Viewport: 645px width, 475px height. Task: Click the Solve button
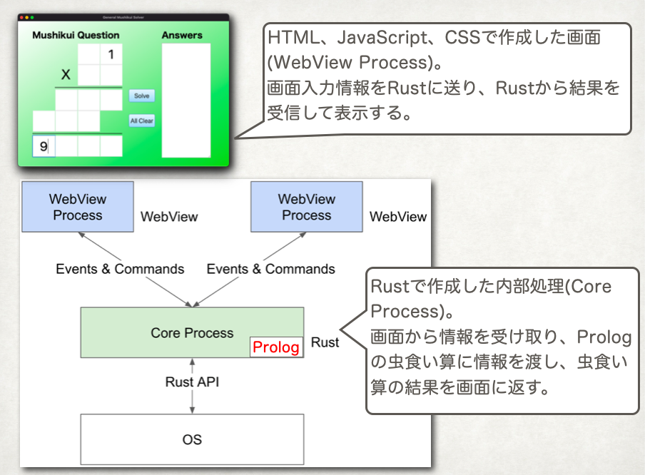pos(142,96)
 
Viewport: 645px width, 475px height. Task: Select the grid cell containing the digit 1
pos(111,54)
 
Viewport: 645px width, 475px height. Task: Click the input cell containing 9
pos(44,146)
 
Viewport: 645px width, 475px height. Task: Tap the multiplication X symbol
pos(66,74)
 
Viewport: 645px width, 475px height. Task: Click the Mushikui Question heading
pos(76,36)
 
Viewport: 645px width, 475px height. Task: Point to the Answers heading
pos(182,36)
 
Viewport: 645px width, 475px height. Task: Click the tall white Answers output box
pos(186,101)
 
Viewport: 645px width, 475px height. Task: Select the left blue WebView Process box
pos(78,207)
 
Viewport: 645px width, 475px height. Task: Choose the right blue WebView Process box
pos(307,207)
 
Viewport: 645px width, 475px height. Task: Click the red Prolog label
pos(276,347)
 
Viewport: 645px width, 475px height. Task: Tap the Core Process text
pos(192,332)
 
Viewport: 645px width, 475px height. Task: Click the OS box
pos(192,439)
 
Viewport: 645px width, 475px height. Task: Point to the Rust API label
pos(192,382)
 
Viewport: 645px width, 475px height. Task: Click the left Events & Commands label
pos(120,269)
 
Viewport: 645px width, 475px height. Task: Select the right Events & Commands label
pos(270,269)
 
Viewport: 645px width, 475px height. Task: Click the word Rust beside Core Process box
pos(325,342)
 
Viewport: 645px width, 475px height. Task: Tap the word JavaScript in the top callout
pos(382,38)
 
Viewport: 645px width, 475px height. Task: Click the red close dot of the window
pos(21,17)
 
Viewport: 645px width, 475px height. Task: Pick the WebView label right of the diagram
pos(398,217)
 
